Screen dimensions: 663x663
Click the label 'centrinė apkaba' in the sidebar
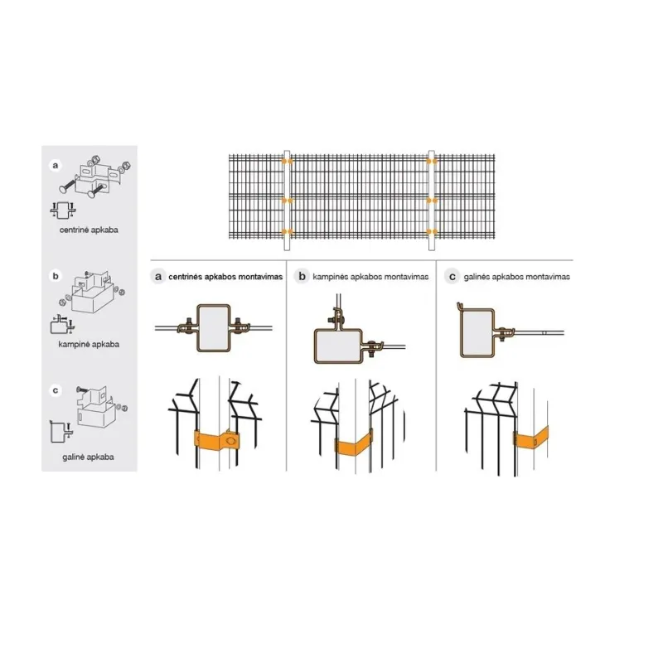click(x=89, y=230)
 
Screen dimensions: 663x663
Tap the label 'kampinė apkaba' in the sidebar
click(x=89, y=344)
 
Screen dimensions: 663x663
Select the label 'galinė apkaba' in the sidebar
click(x=88, y=457)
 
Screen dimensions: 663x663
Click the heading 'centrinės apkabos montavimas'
click(x=225, y=277)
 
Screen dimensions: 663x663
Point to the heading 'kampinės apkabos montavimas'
click(x=370, y=277)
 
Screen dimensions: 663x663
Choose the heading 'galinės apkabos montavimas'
click(x=516, y=277)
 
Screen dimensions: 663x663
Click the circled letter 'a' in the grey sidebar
click(x=56, y=165)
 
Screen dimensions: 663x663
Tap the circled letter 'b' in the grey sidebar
click(x=56, y=276)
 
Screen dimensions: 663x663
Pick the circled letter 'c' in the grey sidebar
click(x=56, y=390)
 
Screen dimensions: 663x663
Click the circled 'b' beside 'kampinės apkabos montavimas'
click(x=302, y=277)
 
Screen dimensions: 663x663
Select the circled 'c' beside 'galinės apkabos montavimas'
click(x=452, y=277)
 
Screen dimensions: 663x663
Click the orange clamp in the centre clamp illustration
click(x=217, y=441)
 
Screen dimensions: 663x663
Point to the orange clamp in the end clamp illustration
click(x=531, y=438)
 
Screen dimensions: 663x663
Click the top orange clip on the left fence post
click(x=287, y=161)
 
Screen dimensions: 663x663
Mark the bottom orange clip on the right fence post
click(x=432, y=232)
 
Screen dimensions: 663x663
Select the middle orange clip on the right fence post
click(x=432, y=201)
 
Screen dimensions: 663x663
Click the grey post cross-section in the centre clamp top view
click(x=214, y=328)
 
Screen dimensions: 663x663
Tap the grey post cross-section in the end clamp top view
click(x=477, y=333)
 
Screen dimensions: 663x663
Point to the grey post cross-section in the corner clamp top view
click(x=338, y=346)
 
